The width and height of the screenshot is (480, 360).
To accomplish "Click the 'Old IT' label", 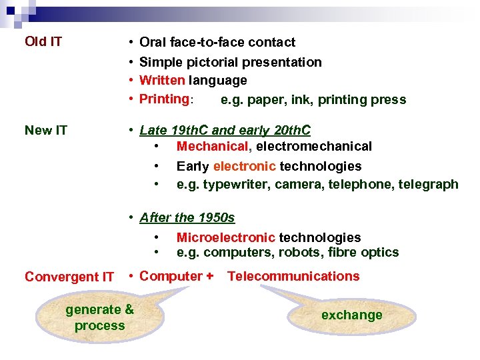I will tap(43, 42).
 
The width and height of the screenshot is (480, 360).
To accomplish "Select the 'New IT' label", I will tap(46, 130).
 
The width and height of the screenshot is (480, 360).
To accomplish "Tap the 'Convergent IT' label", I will tap(69, 277).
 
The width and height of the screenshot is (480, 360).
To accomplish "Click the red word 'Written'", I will tap(162, 81).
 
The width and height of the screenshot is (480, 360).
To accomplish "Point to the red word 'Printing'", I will tap(164, 99).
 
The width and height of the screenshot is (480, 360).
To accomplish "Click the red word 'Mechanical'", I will tap(211, 146).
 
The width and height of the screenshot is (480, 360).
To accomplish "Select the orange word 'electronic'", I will tap(244, 166).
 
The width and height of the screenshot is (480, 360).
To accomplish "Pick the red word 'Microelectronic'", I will tap(225, 237).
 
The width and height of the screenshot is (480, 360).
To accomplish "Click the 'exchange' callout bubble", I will tap(351, 315).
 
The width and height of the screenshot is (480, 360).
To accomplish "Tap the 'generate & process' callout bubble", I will tap(99, 317).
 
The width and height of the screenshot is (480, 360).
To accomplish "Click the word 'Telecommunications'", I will tap(293, 276).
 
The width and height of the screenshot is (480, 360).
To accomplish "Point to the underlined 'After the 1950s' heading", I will tap(187, 217).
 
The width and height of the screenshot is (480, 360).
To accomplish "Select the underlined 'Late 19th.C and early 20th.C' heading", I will tap(225, 130).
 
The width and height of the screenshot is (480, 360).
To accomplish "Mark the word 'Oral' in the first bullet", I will tap(153, 42).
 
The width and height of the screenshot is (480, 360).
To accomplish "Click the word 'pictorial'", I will tap(209, 62).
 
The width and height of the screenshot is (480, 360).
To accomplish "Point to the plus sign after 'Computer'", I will tap(210, 276).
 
